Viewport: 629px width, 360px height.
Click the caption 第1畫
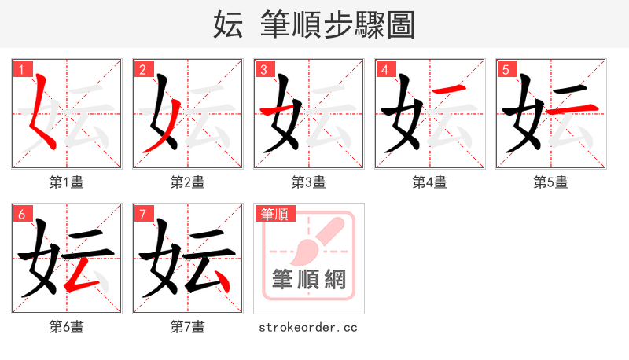coord(67,182)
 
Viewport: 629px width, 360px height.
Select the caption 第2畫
coord(188,182)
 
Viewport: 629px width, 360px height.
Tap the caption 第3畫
coord(309,182)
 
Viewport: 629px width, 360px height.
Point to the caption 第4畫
coord(430,182)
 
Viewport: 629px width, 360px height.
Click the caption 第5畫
coord(551,182)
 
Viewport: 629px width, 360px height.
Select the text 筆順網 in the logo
coord(309,279)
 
